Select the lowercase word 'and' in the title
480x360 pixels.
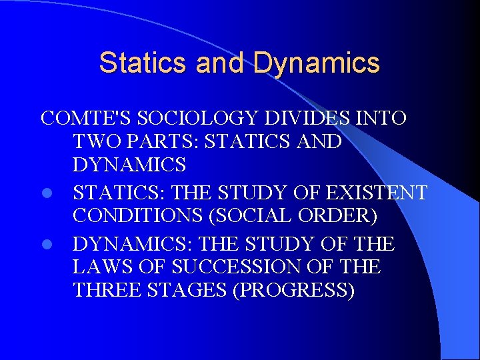221,63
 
